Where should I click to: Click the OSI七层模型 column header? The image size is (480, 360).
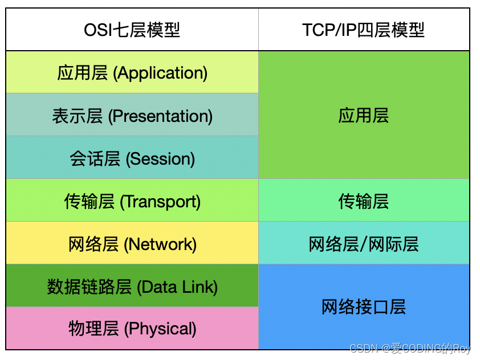coord(132,30)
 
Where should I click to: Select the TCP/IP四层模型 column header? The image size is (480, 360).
coord(364,30)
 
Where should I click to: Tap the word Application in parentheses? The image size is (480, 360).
coord(161,73)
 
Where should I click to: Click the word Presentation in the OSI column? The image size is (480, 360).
coord(161,116)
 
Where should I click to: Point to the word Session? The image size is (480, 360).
coord(160,159)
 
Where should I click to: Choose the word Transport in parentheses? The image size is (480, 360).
coord(161,202)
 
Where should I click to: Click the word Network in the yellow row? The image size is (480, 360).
coord(161,244)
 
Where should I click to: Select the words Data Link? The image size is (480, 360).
coord(178,287)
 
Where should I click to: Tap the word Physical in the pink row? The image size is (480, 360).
coord(160,329)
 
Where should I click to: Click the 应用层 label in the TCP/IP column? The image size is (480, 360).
coord(364,116)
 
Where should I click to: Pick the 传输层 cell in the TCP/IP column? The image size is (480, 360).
coord(364,201)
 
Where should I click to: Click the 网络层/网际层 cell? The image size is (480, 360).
coord(364,244)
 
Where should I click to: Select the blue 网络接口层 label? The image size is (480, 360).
coord(364,308)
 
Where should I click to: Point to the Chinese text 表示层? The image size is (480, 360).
coord(78,116)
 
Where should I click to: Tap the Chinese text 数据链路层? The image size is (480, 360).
coord(90,287)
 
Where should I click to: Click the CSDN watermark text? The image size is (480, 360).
coord(410,349)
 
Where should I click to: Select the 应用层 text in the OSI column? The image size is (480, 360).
coord(83,73)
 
